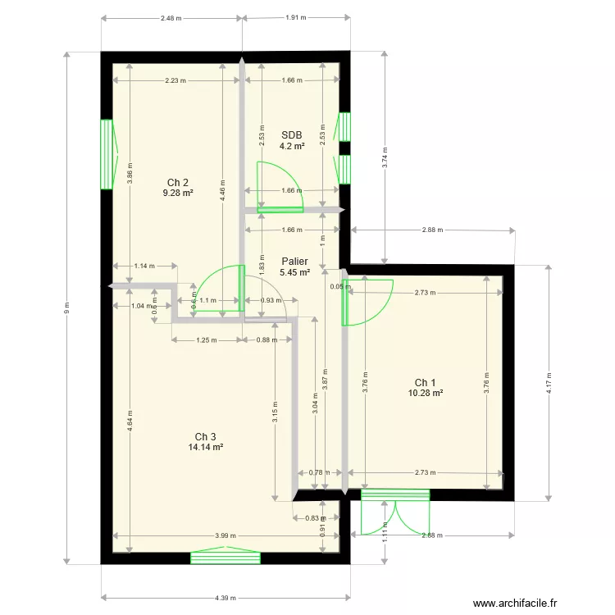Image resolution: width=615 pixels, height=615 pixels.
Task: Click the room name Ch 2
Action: coord(178,182)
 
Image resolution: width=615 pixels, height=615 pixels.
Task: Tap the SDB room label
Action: coord(291,135)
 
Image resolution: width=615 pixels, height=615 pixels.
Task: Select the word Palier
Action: coord(294,262)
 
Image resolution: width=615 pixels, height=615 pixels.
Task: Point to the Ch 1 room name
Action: coord(425,383)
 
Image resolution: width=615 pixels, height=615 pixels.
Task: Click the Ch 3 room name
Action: coord(205,436)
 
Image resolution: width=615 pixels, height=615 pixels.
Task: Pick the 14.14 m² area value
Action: coord(205,448)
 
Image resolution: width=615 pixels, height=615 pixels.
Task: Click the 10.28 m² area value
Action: coord(425,394)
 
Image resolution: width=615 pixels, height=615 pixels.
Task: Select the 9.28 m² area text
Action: coord(178,194)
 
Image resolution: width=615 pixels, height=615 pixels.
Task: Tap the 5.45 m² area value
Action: coord(294,273)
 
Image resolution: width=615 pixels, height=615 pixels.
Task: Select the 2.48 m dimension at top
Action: coord(171,17)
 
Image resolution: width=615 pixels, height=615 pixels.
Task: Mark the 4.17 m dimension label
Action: coord(549,382)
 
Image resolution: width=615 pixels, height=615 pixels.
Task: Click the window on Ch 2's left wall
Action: coord(106,154)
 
